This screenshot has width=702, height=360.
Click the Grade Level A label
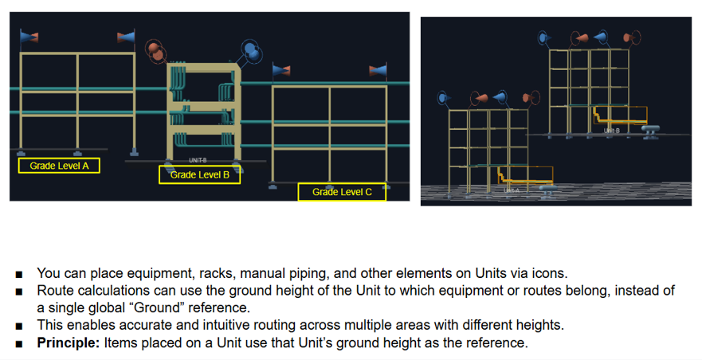59,166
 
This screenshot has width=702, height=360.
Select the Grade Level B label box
199,174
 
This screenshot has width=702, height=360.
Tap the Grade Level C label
342,192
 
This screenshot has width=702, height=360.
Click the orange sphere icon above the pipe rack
155,50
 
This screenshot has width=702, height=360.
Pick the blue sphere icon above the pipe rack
252,51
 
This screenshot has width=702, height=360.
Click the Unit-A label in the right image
511,190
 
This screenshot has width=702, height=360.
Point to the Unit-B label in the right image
611,130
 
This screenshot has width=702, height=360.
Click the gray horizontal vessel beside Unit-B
652,131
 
